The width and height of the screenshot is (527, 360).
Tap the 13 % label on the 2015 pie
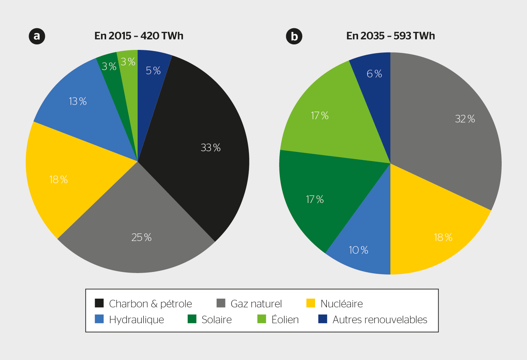point(78,101)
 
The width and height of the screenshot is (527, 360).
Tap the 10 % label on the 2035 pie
point(358,250)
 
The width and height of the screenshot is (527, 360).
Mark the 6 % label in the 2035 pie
point(374,74)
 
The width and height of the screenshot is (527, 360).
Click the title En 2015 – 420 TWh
point(139,36)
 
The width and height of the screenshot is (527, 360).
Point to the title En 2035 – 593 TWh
point(391,36)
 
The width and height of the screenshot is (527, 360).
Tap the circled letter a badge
point(37,36)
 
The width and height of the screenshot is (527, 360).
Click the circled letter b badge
point(294,36)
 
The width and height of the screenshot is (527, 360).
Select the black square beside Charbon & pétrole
point(99,303)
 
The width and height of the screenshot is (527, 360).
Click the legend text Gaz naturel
point(256,304)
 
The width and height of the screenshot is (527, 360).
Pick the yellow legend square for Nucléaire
point(311,303)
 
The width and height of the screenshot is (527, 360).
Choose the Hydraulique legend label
point(137,320)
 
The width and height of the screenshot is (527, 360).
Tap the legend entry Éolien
point(285,320)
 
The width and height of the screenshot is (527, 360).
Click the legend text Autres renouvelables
point(380,320)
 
